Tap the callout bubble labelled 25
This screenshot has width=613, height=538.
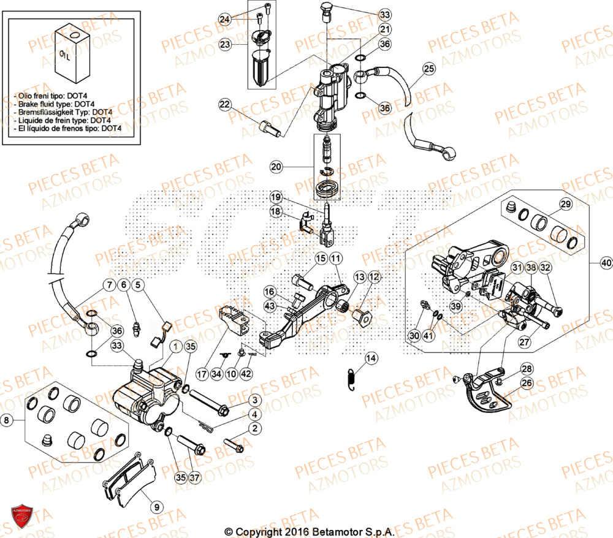coord(428,69)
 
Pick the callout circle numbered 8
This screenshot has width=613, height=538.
coord(7,421)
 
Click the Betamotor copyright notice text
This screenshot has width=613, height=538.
coord(308,531)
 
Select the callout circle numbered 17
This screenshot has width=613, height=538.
coord(201,373)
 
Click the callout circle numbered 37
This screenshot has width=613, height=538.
coord(195,477)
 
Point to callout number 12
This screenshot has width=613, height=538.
coord(374,277)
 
